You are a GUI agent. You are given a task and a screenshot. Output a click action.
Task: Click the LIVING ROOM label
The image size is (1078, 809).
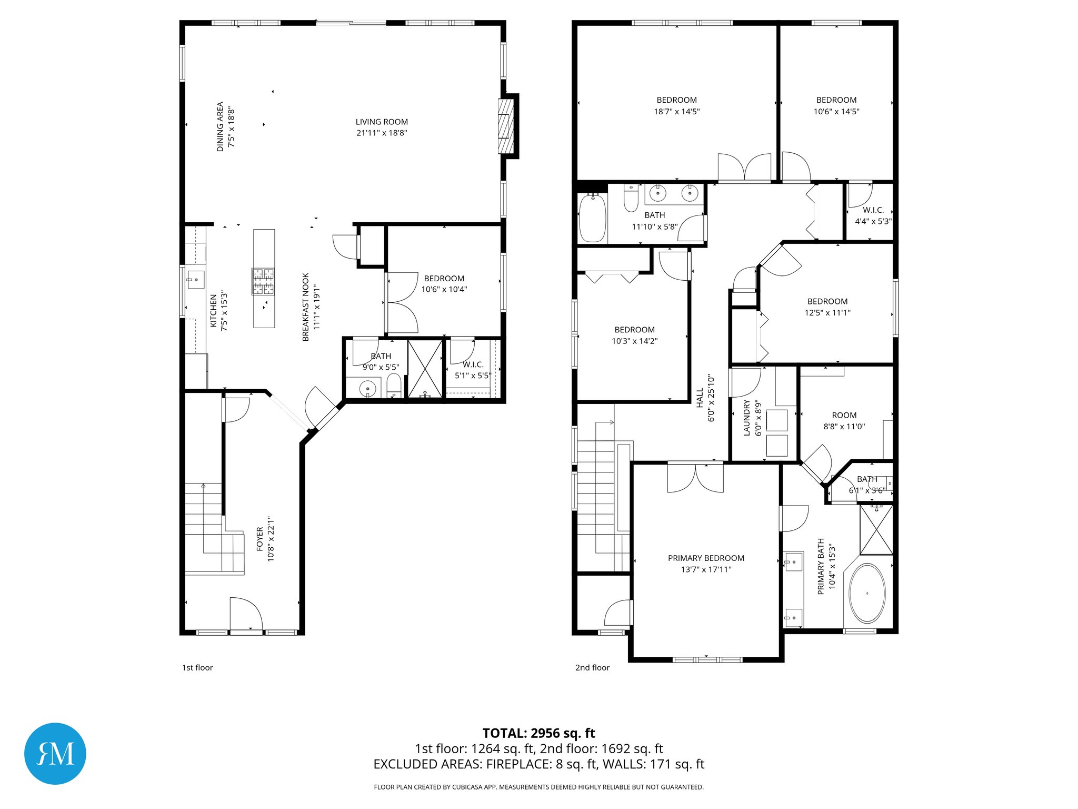pyautogui.click(x=382, y=122)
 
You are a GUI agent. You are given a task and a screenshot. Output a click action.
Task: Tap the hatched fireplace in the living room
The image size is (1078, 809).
pyautogui.click(x=506, y=126)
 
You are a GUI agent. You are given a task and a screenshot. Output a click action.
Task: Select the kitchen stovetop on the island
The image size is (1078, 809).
pyautogui.click(x=263, y=281)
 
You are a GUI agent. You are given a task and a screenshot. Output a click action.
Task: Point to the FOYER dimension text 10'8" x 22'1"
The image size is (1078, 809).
pyautogui.click(x=271, y=539)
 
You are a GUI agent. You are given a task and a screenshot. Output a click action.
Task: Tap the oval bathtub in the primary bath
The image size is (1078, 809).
pyautogui.click(x=867, y=594)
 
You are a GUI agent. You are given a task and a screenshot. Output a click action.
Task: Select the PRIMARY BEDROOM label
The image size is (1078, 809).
pyautogui.click(x=706, y=558)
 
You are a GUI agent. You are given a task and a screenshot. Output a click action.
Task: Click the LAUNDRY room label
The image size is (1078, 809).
pyautogui.click(x=746, y=418)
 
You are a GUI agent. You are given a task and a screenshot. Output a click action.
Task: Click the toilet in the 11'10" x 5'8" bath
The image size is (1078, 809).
pyautogui.click(x=631, y=199)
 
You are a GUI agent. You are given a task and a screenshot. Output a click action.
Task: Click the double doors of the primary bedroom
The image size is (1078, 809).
pyautogui.click(x=695, y=478)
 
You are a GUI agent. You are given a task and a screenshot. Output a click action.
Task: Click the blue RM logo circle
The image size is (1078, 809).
pyautogui.click(x=55, y=754)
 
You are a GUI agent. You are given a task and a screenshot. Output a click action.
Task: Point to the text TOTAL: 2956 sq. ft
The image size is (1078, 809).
pyautogui.click(x=538, y=733)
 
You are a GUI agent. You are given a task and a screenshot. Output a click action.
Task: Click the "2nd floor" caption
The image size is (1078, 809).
pyautogui.click(x=592, y=667)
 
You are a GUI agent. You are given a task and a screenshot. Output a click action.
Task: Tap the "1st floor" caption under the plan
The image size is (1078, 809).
pyautogui.click(x=197, y=667)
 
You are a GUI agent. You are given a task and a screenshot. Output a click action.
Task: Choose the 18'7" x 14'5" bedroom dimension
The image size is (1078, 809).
pyautogui.click(x=676, y=112)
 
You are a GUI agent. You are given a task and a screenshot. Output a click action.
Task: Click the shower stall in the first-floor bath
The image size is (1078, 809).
pyautogui.click(x=425, y=369)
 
